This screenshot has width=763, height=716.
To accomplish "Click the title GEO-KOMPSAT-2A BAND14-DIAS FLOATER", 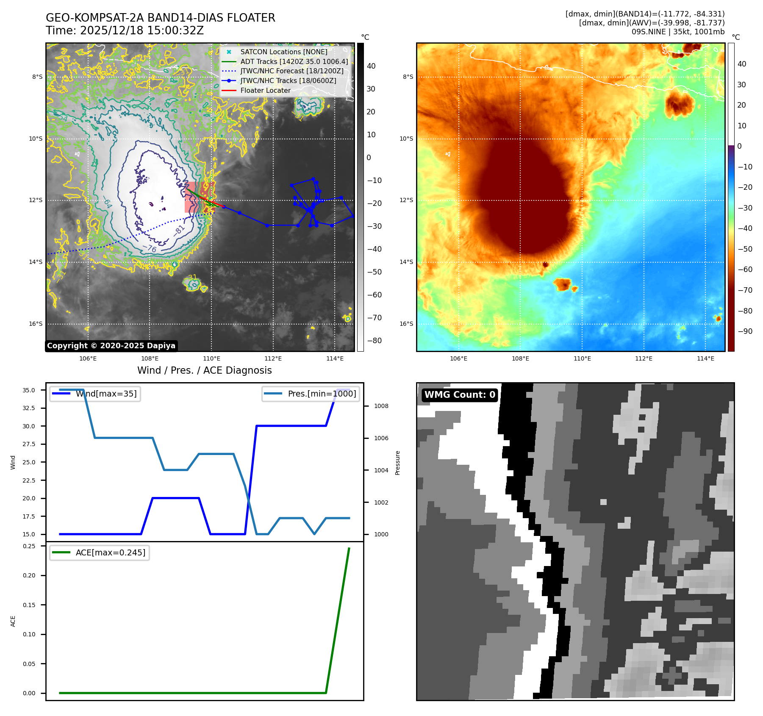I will pyautogui.click(x=160, y=18).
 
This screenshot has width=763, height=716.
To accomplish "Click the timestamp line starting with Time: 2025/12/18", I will pyautogui.click(x=125, y=31).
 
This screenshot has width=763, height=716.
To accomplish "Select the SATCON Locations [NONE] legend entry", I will pyautogui.click(x=283, y=52).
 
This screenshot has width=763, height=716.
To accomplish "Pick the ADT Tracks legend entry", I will pyautogui.click(x=294, y=61).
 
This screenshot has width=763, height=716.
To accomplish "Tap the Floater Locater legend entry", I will pyautogui.click(x=265, y=90).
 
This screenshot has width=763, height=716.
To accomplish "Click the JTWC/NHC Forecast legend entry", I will pyautogui.click(x=292, y=71).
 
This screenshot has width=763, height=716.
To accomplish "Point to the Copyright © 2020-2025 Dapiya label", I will pyautogui.click(x=111, y=346).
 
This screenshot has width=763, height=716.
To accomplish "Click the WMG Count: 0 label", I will pyautogui.click(x=460, y=395).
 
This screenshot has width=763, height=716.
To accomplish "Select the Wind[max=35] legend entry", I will pyautogui.click(x=106, y=394).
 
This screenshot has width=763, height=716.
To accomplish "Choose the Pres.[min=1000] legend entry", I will pyautogui.click(x=322, y=394).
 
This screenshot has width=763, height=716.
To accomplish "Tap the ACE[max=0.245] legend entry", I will pyautogui.click(x=110, y=552).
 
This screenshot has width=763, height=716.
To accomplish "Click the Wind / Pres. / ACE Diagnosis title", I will pyautogui.click(x=204, y=370).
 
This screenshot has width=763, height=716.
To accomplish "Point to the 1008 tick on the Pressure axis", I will pyautogui.click(x=381, y=406).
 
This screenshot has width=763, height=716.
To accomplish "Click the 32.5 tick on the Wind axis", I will pyautogui.click(x=29, y=408).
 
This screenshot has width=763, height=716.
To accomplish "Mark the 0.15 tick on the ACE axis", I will pyautogui.click(x=29, y=605).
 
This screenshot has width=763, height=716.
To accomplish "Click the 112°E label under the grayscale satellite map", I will pyautogui.click(x=273, y=358).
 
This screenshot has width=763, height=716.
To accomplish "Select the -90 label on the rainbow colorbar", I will pyautogui.click(x=745, y=331).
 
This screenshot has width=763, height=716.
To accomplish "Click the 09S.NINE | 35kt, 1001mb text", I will pyautogui.click(x=678, y=32).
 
